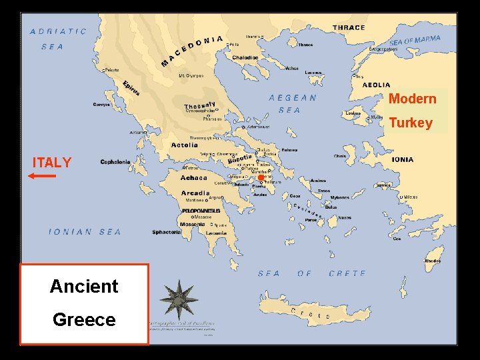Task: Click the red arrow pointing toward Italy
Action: tap(42, 176)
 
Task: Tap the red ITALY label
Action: tap(52, 163)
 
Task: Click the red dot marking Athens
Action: tap(261, 177)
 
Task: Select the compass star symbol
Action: tap(179, 299)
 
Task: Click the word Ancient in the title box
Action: tap(84, 287)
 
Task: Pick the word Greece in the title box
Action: tap(84, 320)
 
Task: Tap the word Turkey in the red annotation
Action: tap(411, 123)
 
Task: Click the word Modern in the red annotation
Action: tap(412, 99)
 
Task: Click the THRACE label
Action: tap(349, 28)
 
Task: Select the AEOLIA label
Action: tap(377, 85)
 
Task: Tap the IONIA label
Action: tap(402, 160)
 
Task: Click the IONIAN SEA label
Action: tap(85, 232)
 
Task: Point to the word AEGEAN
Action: tap(293, 97)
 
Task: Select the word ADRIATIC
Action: tap(59, 31)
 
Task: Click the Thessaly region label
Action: tap(200, 105)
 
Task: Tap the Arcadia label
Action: tap(195, 193)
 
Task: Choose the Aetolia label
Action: tap(185, 145)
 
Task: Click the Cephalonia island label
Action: tap(115, 162)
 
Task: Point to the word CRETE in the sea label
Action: tap(347, 273)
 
